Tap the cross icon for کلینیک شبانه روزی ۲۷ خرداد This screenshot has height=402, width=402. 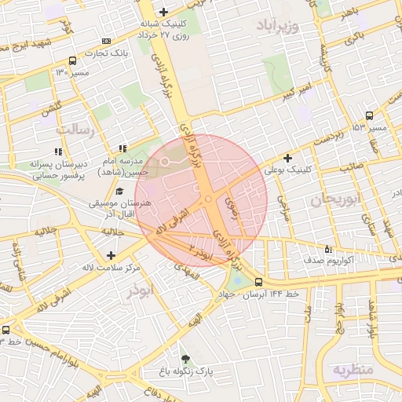[x=163, y=11]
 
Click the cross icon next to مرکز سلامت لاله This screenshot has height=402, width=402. [x=111, y=255]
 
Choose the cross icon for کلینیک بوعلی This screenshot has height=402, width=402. [x=287, y=158]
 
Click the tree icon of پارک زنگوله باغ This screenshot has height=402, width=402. [x=185, y=358]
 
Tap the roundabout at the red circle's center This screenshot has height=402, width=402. [x=207, y=201]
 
